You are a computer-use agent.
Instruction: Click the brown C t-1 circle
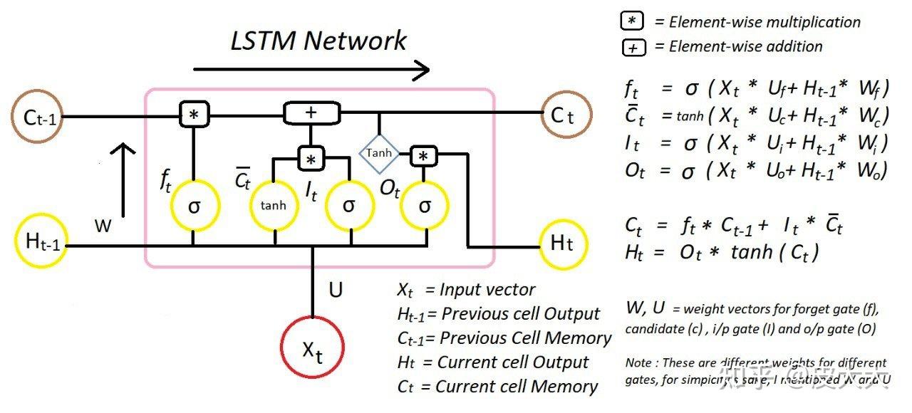[x=37, y=117]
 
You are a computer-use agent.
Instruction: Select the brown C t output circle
[x=566, y=115]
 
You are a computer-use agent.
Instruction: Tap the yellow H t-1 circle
[x=41, y=242]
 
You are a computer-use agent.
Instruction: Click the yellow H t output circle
[x=564, y=244]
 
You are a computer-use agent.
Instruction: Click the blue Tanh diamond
[x=378, y=153]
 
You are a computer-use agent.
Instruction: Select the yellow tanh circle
[x=274, y=205]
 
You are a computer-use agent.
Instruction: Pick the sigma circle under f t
[x=193, y=205]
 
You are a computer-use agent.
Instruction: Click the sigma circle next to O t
[x=425, y=205]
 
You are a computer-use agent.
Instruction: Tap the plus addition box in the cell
[x=311, y=113]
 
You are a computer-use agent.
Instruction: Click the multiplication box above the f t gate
[x=192, y=114]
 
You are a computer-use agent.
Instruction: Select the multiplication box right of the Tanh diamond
[x=424, y=156]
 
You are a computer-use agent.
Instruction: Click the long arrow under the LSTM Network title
[x=311, y=70]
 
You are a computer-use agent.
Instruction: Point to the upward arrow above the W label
[x=124, y=179]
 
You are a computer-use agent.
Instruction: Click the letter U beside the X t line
[x=336, y=290]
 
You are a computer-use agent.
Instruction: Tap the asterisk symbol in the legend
[x=632, y=21]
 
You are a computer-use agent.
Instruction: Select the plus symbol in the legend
[x=632, y=48]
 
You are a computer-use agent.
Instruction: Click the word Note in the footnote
[x=638, y=363]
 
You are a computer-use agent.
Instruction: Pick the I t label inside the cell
[x=311, y=192]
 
